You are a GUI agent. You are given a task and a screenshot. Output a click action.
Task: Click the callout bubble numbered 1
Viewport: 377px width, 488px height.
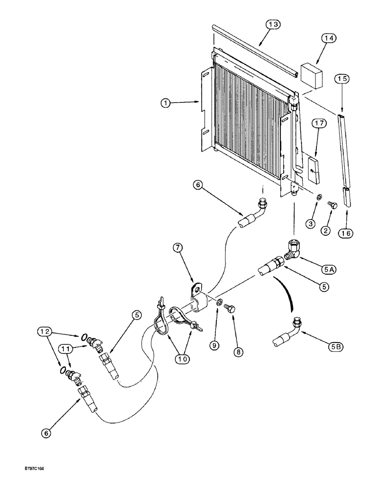tap(166, 103)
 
